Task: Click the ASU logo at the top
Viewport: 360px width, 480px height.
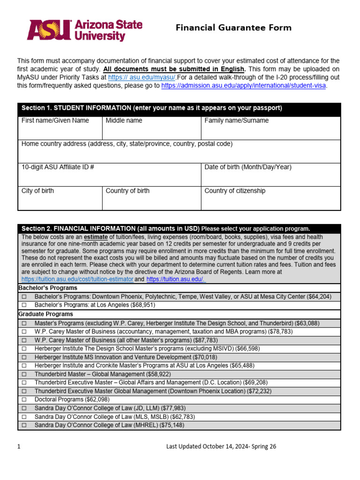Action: (x=85, y=30)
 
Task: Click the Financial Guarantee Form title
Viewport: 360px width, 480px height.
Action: (x=233, y=28)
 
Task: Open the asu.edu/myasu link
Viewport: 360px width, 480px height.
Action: (x=142, y=77)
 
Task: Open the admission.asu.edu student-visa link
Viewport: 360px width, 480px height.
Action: (x=244, y=86)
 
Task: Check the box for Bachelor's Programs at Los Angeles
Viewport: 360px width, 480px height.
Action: (x=24, y=305)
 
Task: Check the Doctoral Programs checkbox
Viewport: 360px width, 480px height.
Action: (x=24, y=400)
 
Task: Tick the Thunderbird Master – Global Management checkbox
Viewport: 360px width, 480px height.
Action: (x=24, y=375)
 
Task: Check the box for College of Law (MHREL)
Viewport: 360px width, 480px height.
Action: (x=24, y=425)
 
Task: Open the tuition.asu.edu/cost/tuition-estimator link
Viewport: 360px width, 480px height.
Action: (x=77, y=279)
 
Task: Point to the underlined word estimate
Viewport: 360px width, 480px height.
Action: (x=96, y=237)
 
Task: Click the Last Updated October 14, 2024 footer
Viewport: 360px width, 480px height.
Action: (x=221, y=447)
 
